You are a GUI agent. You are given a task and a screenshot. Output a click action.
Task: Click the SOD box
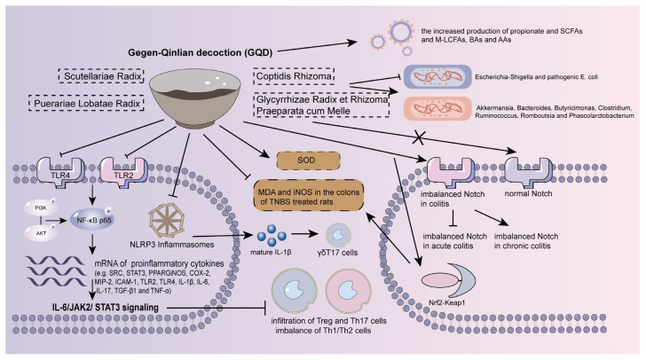tap(309, 160)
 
